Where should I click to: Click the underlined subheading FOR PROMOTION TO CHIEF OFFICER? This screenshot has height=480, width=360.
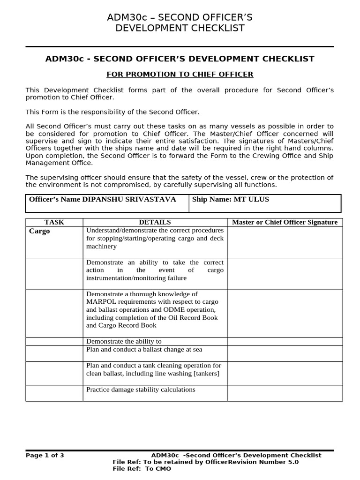click(180, 74)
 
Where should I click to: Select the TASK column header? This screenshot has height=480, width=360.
click(54, 222)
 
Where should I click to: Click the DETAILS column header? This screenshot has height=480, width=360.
click(155, 222)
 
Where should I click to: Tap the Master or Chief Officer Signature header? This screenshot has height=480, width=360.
click(285, 222)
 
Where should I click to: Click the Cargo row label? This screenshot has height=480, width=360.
click(39, 231)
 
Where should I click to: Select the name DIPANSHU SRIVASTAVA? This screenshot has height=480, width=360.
click(129, 199)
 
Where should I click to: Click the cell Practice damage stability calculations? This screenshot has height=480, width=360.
click(141, 390)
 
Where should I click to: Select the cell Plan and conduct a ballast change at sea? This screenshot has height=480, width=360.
click(144, 350)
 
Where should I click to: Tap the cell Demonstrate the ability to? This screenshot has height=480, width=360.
click(124, 341)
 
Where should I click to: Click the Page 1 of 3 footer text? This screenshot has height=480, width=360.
click(45, 455)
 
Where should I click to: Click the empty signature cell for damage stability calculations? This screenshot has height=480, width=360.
click(285, 393)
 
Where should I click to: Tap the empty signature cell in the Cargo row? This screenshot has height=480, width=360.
click(285, 242)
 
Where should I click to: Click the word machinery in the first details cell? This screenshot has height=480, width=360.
click(101, 246)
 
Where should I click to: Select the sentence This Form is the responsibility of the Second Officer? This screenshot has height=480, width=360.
click(112, 112)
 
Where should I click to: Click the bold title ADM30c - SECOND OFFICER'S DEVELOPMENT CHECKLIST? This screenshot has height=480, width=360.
click(180, 59)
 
